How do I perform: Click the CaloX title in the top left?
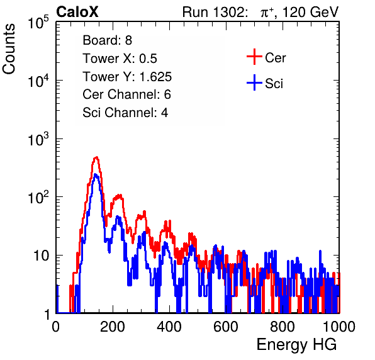[x=77, y=12]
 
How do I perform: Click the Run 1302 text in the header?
[x=215, y=12]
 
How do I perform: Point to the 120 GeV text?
[x=310, y=12]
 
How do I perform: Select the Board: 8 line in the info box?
[x=107, y=40]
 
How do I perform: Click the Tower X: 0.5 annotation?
[x=120, y=59]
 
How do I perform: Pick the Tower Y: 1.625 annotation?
[x=127, y=77]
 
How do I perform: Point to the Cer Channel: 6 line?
[x=126, y=94]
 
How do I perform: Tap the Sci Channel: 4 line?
[x=125, y=113]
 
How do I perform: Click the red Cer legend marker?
[x=254, y=57]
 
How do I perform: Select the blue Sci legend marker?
[x=254, y=83]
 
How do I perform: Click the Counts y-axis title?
[x=9, y=49]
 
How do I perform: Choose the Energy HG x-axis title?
[x=296, y=344]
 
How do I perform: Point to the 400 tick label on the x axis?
[x=169, y=327]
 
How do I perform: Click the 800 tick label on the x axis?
[x=283, y=327]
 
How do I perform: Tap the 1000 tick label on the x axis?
[x=339, y=327]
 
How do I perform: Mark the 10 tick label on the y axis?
[x=41, y=256]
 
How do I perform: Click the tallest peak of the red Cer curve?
[x=96, y=157]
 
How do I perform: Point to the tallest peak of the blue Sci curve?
[x=95, y=174]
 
